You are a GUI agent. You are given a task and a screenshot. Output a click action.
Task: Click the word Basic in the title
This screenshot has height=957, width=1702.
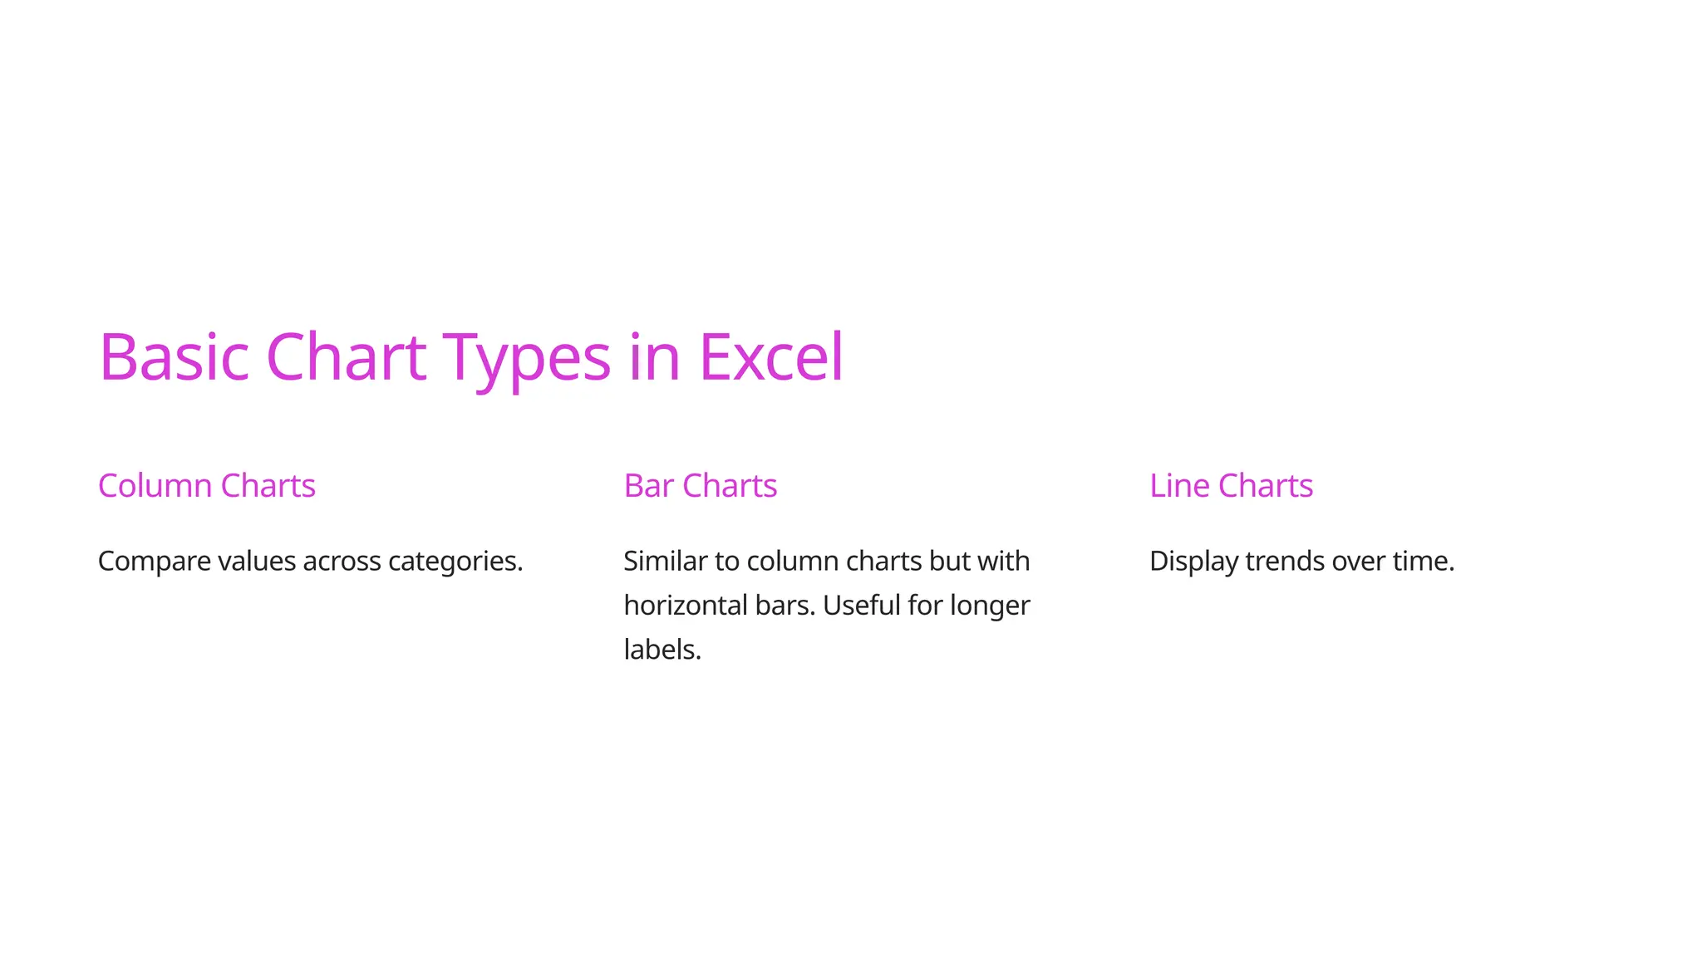[x=174, y=357]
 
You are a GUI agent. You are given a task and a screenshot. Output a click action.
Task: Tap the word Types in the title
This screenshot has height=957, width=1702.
[x=526, y=357]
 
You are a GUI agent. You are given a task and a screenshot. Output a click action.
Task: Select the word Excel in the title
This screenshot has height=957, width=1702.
[x=771, y=357]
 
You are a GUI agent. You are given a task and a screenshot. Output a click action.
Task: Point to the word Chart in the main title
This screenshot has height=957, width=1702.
[x=346, y=357]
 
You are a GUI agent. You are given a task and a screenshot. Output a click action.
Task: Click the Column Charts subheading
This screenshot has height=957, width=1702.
[x=207, y=486]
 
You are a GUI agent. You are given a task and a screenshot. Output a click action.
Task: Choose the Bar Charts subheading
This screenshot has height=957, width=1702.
[x=701, y=486]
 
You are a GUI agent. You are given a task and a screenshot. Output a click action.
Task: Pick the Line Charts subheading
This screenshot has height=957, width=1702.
[x=1231, y=486]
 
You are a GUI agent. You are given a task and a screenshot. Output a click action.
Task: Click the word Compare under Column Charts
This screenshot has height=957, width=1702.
[x=155, y=562]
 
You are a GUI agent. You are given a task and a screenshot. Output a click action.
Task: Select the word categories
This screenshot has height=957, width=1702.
[x=455, y=562]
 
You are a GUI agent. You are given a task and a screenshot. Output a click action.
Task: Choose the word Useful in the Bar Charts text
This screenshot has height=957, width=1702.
[x=861, y=606]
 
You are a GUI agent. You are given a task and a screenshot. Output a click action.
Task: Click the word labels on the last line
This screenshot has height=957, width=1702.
[x=662, y=650]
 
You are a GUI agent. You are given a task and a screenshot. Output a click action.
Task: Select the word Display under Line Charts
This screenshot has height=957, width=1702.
[x=1193, y=562]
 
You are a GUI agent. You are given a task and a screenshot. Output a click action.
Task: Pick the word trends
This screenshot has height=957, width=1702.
[x=1285, y=562]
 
